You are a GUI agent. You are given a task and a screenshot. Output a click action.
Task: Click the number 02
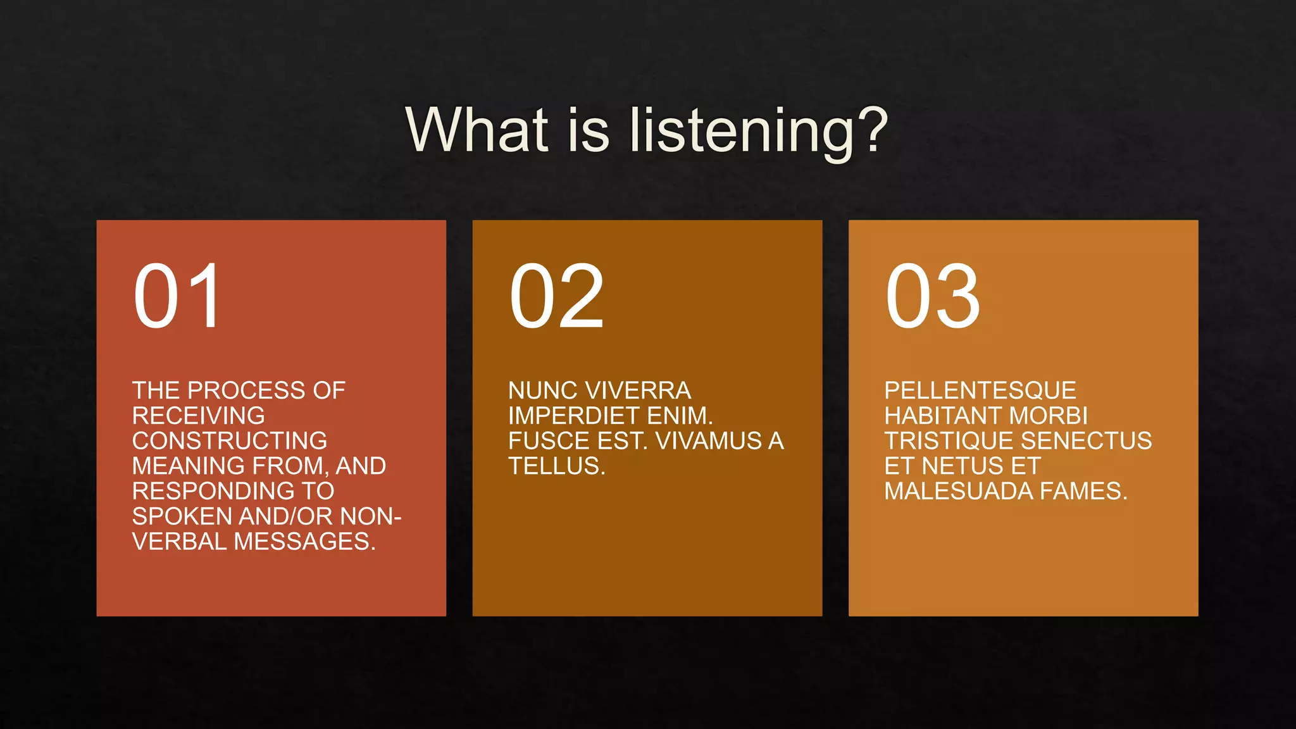click(556, 296)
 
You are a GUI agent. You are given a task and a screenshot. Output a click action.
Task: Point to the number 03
click(932, 296)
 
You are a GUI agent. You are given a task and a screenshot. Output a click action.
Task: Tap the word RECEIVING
click(198, 416)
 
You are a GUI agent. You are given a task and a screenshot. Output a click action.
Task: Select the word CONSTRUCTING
click(230, 441)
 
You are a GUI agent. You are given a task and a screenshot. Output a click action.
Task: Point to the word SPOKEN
click(182, 516)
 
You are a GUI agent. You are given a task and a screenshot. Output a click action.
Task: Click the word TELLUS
click(556, 466)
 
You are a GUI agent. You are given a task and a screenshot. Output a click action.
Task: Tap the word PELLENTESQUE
click(980, 390)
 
